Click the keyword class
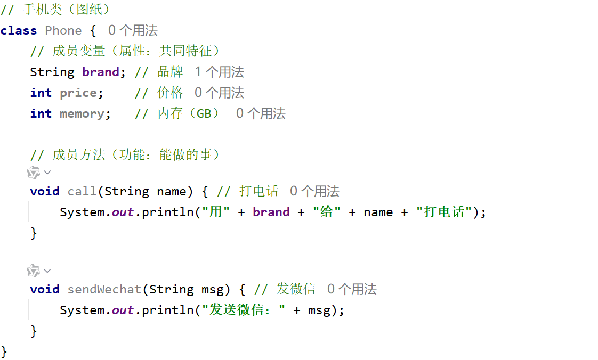pos(19,30)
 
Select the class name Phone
pos(63,30)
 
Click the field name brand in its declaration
pos(101,72)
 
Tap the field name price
pos(78,93)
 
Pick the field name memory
pos(82,114)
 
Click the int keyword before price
pos(41,93)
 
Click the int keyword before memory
pos(41,113)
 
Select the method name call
pos(82,191)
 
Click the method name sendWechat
pos(104,290)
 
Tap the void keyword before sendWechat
pos(45,290)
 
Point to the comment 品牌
pos(170,71)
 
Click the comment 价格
pos(170,93)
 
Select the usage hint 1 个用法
pos(219,71)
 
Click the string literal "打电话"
pos(445,212)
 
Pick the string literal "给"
pos(327,212)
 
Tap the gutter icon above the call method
pos(34,172)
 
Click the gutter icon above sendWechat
pos(34,271)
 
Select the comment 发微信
pos(296,289)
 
